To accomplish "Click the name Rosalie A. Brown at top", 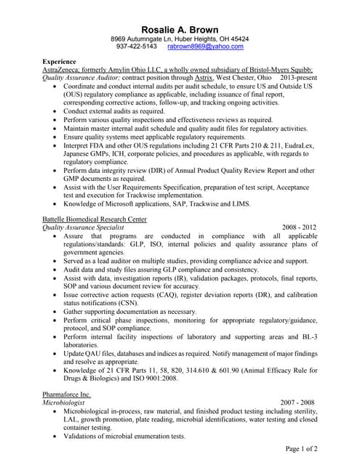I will (180, 28).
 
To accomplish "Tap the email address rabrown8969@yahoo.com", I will (205, 46).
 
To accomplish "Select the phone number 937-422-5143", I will (136, 46).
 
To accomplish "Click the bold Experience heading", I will (60, 62).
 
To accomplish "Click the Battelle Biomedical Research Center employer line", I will (95, 219).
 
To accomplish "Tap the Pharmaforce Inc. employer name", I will (67, 394).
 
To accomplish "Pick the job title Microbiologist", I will (65, 403).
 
